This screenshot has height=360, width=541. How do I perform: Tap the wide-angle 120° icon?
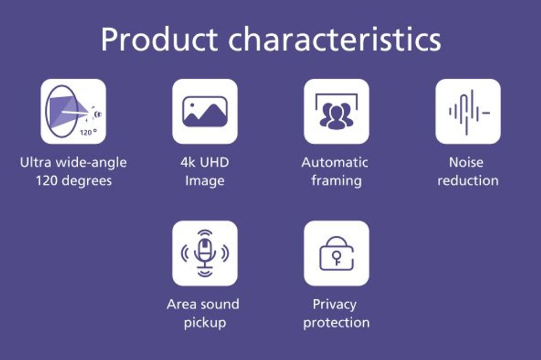tap(73, 112)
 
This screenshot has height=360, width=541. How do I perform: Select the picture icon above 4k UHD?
tap(205, 112)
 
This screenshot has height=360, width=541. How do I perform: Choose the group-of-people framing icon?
tap(336, 112)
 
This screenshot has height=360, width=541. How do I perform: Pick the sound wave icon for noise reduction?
tap(468, 112)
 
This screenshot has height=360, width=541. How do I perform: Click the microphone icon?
tap(205, 253)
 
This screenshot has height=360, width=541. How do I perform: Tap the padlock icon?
tap(336, 253)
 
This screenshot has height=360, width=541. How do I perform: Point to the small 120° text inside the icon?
tap(88, 132)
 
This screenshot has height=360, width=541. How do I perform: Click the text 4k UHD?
tap(205, 162)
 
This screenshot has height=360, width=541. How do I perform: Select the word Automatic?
tap(335, 162)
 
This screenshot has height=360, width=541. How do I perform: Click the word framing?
tap(336, 181)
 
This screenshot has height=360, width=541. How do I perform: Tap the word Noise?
tap(466, 162)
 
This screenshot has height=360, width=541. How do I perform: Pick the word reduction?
tap(468, 181)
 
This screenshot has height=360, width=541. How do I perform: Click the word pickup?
tap(205, 323)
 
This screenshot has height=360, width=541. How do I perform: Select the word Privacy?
tap(335, 304)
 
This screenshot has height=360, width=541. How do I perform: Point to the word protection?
tap(336, 322)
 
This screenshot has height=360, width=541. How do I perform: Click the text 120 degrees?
tap(74, 181)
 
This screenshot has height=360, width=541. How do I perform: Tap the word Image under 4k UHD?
tap(205, 181)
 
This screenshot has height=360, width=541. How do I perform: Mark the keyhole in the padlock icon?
tap(336, 257)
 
